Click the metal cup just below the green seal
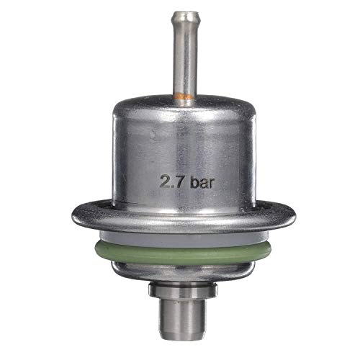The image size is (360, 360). point(179,269)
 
